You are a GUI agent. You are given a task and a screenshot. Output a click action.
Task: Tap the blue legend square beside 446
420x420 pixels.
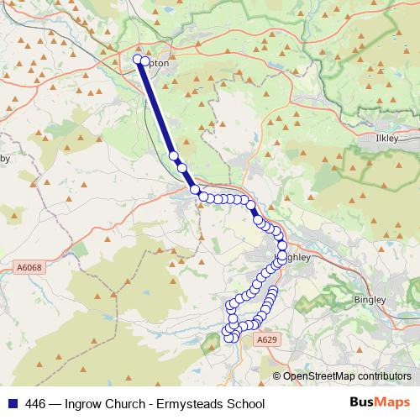[13, 403]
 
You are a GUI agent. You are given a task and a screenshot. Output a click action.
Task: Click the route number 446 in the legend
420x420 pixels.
[36, 403]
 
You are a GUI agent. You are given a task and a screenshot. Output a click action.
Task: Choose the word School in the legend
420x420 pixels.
[246, 403]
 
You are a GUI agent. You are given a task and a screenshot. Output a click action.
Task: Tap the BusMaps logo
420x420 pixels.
[381, 402]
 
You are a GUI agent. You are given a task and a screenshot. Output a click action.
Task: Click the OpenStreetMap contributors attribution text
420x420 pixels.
[347, 376]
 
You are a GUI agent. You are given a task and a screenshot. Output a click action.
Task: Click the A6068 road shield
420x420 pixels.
[28, 268]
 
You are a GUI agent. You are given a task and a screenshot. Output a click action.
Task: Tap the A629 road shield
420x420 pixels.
[265, 339]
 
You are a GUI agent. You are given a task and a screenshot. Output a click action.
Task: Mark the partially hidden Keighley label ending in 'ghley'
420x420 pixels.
[298, 258]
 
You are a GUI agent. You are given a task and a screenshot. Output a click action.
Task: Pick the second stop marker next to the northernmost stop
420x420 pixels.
[146, 62]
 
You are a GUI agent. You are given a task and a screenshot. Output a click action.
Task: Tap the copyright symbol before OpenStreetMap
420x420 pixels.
[277, 376]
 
